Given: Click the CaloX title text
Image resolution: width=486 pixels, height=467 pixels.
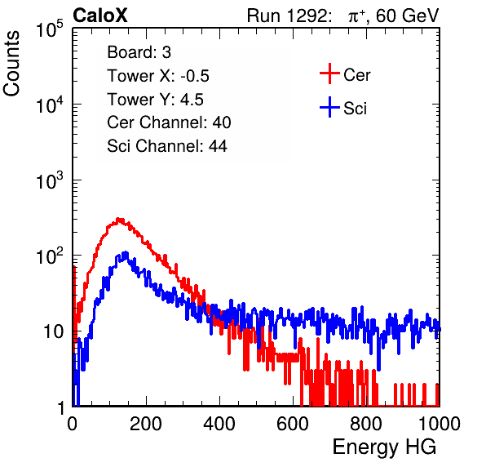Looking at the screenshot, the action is pyautogui.click(x=100, y=15).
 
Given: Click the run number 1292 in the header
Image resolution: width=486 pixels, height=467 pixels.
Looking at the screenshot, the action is pyautogui.click(x=307, y=16).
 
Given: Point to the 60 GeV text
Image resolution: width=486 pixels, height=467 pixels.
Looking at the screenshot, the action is pyautogui.click(x=408, y=16).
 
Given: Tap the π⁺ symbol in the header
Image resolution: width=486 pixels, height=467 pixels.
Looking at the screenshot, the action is pyautogui.click(x=356, y=16).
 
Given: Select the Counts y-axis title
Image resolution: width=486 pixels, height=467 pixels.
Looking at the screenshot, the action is pyautogui.click(x=11, y=64).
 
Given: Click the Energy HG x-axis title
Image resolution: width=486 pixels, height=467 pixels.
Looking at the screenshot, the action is pyautogui.click(x=384, y=447).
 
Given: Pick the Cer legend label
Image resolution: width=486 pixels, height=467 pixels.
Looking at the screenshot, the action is pyautogui.click(x=356, y=75).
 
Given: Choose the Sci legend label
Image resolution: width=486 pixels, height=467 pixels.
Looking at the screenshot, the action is pyautogui.click(x=355, y=109).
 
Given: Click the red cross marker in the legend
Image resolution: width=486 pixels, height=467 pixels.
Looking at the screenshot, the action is pyautogui.click(x=329, y=73).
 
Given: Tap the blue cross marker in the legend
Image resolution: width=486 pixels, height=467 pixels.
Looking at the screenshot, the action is pyautogui.click(x=329, y=107).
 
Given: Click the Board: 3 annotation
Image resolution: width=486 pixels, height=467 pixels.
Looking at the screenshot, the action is pyautogui.click(x=139, y=52).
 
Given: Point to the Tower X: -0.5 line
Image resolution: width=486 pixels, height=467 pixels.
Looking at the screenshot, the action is pyautogui.click(x=158, y=76).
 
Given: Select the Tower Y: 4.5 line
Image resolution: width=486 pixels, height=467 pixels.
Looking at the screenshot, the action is pyautogui.click(x=155, y=100).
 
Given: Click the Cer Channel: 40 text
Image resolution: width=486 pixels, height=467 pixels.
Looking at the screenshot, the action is pyautogui.click(x=169, y=122).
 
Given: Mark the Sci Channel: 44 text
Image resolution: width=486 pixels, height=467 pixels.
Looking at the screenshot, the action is pyautogui.click(x=167, y=146).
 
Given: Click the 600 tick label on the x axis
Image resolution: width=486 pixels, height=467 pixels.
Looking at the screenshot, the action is pyautogui.click(x=293, y=424).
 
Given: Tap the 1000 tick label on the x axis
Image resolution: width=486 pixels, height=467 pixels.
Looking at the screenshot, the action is pyautogui.click(x=440, y=424).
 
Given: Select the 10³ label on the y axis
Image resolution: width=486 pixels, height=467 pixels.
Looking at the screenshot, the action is pyautogui.click(x=50, y=180).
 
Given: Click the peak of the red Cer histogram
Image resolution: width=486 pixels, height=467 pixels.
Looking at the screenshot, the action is pyautogui.click(x=118, y=219).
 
